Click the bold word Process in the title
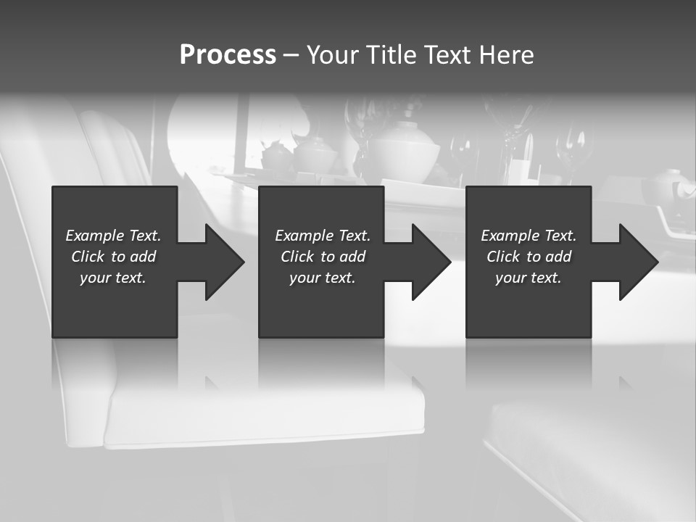(x=228, y=55)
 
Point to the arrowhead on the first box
(x=222, y=262)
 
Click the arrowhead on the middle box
(x=429, y=262)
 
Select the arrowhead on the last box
(x=637, y=262)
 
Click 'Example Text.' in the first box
(x=113, y=236)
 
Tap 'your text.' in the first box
(x=113, y=278)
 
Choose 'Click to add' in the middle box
(x=323, y=257)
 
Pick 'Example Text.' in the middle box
(x=323, y=236)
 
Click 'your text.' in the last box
(x=529, y=278)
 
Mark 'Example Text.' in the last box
(x=529, y=236)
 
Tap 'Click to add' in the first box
(x=113, y=257)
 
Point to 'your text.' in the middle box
(x=323, y=278)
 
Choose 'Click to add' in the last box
(x=529, y=257)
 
